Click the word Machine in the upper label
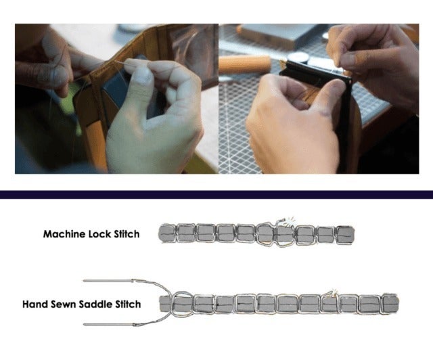tap(64, 234)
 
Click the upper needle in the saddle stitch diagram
tap(108, 281)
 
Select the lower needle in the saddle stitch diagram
tap(108, 324)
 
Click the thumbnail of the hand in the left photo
tap(143, 74)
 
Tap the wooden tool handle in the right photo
tap(245, 65)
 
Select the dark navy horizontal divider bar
tap(216, 194)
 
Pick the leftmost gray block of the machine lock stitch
tap(167, 233)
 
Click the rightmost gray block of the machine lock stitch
tap(345, 234)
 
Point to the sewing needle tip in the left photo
tap(116, 62)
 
